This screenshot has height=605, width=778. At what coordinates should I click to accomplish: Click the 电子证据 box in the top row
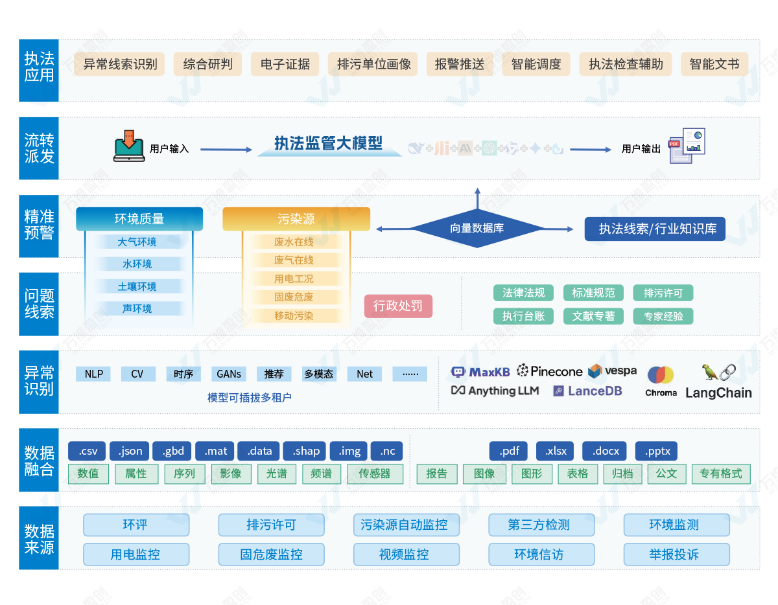click(x=285, y=64)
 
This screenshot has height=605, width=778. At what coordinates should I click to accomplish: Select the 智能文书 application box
click(x=714, y=64)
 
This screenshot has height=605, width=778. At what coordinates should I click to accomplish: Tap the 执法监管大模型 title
click(x=329, y=144)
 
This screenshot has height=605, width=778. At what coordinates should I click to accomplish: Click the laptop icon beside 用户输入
click(x=128, y=146)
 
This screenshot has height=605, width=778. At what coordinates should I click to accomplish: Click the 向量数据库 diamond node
click(x=477, y=228)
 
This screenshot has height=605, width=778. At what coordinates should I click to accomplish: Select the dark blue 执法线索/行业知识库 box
click(x=655, y=229)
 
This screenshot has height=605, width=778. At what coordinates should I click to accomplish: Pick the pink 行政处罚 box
click(x=398, y=306)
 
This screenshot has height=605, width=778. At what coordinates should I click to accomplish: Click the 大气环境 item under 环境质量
click(x=137, y=242)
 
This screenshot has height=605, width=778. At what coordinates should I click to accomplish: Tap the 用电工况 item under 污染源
click(x=294, y=279)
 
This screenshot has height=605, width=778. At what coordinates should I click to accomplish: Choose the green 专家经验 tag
click(x=663, y=316)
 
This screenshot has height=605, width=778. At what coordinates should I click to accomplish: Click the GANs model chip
click(x=229, y=374)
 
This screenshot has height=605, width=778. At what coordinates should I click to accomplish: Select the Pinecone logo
click(x=550, y=371)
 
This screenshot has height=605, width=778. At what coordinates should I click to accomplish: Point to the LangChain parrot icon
click(x=711, y=372)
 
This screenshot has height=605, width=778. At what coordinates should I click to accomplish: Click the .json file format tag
click(x=130, y=451)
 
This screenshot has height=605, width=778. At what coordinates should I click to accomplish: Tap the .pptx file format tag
click(x=657, y=451)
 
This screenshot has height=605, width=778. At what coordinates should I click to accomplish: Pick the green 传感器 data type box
click(x=375, y=474)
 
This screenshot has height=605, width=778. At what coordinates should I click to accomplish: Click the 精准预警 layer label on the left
click(x=39, y=225)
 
